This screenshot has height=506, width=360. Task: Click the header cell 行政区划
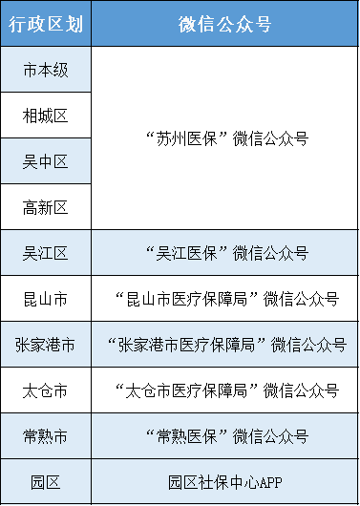pos(45,24)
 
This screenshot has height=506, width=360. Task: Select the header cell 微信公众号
pos(225,24)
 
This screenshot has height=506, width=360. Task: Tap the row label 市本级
pos(45,70)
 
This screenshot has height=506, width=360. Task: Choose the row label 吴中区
pos(45,161)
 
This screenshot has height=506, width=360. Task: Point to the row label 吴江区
pos(45,253)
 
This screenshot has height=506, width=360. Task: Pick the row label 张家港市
pos(45,345)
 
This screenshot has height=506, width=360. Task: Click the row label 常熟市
pos(45,436)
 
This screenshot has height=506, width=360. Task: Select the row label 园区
pos(45,482)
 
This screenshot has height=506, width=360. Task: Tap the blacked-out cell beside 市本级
pos(225,70)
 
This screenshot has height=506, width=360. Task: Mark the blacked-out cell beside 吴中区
pos(225,161)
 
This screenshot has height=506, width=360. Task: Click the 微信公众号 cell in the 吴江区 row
pos(225,253)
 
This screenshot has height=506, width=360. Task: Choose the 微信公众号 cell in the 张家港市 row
pos(225,345)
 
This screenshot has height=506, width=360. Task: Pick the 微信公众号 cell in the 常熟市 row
pos(225,436)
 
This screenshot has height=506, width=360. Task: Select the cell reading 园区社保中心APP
pos(225,482)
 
